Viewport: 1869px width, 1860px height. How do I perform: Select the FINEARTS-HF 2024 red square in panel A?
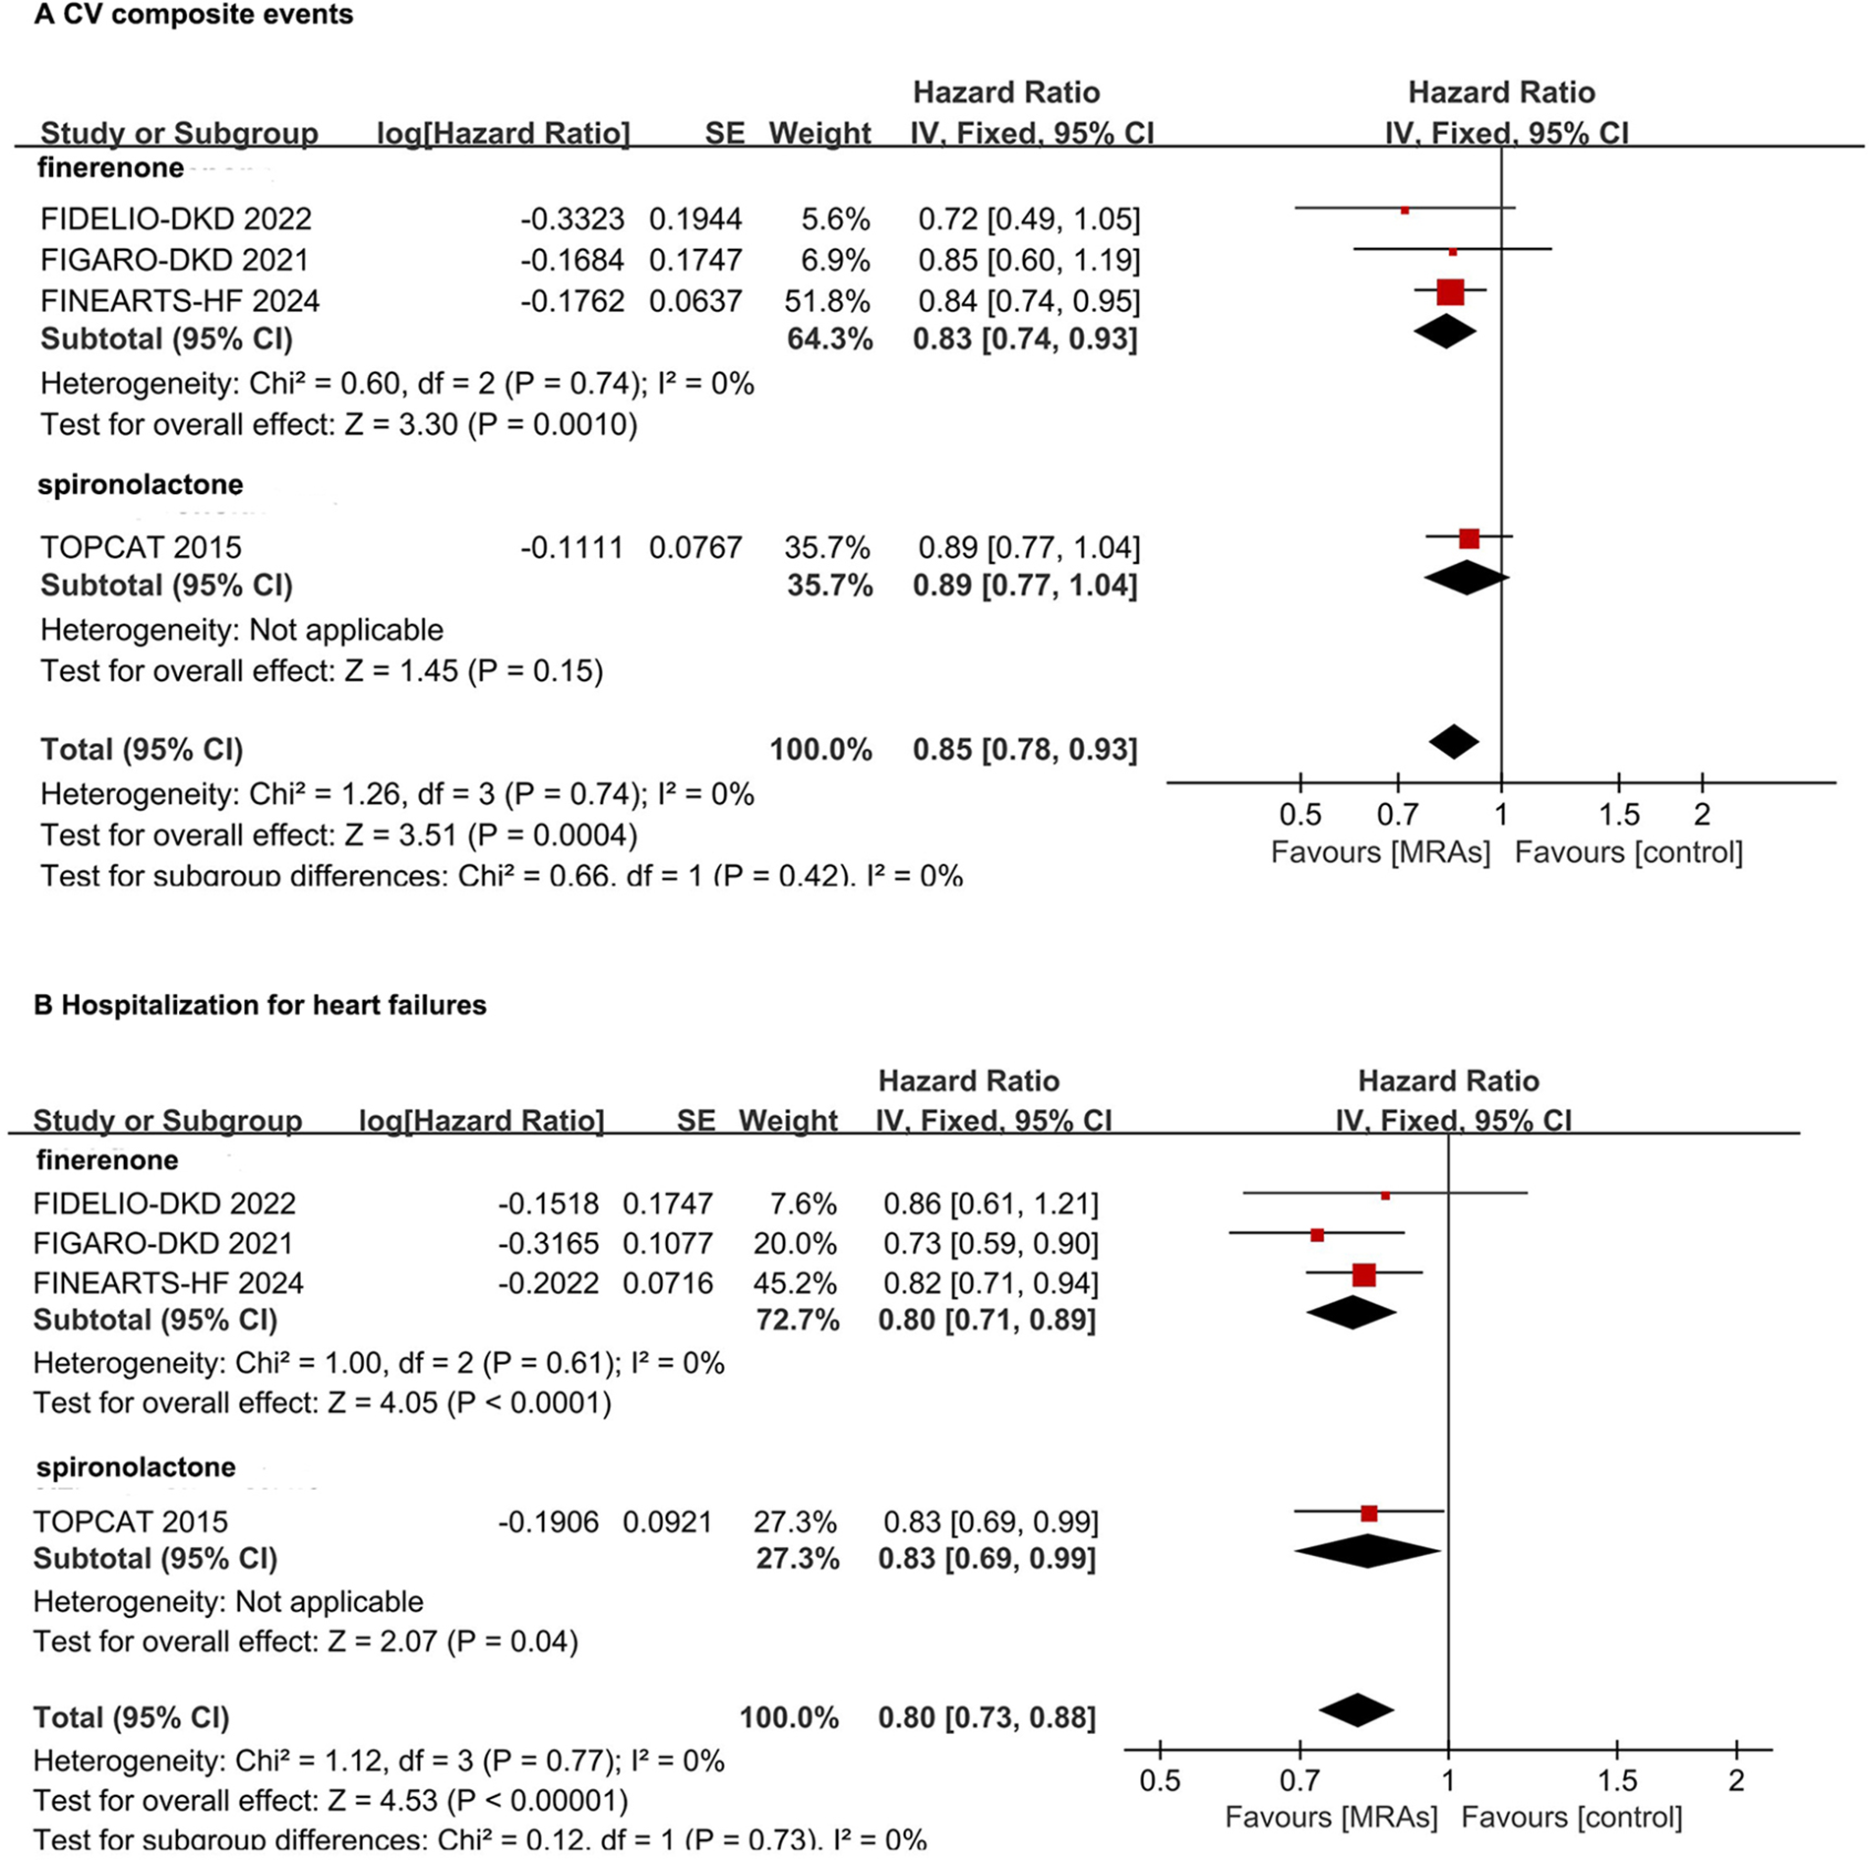[1450, 292]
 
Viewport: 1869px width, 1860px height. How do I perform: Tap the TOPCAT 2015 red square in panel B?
[1368, 1513]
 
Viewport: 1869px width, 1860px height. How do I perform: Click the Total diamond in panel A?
[1454, 741]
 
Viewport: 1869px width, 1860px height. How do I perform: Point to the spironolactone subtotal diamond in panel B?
[1367, 1551]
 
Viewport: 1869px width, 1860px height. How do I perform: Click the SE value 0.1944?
[694, 218]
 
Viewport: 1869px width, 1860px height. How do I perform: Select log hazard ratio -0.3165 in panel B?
[548, 1243]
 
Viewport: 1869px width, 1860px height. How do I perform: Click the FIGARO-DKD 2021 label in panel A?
[174, 260]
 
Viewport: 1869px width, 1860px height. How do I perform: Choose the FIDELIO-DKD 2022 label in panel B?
[164, 1203]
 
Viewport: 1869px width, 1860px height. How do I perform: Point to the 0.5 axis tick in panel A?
[1299, 814]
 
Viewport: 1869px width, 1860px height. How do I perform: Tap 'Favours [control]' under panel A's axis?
[1628, 852]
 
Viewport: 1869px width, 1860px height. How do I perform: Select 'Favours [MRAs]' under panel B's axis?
[1331, 1817]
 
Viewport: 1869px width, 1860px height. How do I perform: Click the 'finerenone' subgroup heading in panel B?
[107, 1160]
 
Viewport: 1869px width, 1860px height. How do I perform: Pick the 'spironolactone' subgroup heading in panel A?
[140, 484]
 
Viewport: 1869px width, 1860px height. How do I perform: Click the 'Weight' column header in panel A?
[819, 133]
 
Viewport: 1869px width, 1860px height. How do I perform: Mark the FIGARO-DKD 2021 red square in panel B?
[1317, 1234]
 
